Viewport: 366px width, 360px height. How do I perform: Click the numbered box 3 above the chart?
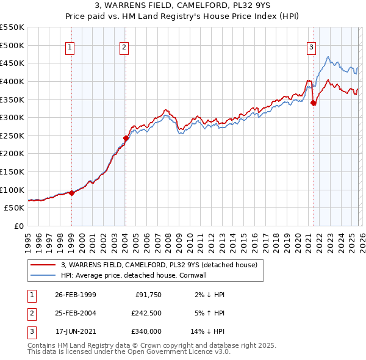coord(312,47)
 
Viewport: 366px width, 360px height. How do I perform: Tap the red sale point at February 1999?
coord(71,193)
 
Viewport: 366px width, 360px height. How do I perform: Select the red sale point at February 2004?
coord(125,138)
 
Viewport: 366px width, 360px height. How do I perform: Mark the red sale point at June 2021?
coord(314,103)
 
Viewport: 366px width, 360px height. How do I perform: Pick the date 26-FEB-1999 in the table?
coord(75,294)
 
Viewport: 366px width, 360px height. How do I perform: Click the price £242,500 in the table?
coord(146,313)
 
